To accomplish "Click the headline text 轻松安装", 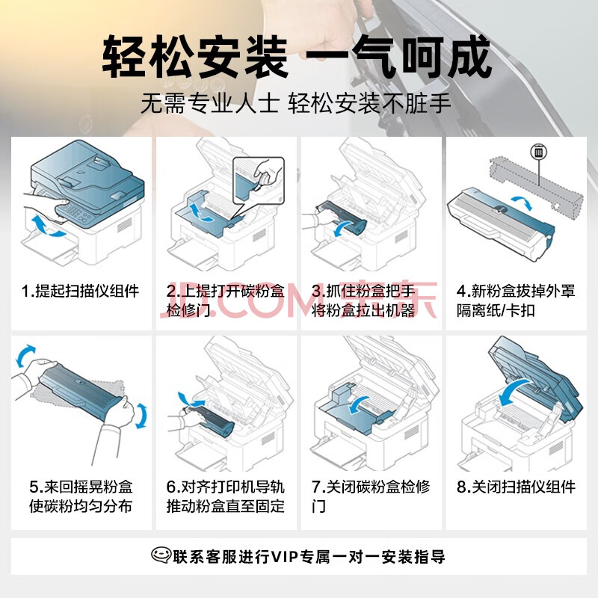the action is [195, 57].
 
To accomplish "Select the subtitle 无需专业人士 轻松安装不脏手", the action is [295, 103].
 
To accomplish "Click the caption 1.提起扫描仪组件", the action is [80, 291].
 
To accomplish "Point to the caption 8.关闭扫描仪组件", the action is [516, 487].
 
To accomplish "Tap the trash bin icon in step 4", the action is [538, 152].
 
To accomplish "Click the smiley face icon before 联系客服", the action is [161, 555].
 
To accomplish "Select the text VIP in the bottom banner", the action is [284, 557].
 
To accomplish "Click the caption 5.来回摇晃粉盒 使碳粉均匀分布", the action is [81, 496].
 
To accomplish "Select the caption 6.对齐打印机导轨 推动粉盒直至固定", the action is [226, 496].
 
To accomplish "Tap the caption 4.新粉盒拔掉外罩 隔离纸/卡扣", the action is [516, 301].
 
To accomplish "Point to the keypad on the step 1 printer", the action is [76, 213].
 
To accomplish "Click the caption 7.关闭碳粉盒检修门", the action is [371, 496].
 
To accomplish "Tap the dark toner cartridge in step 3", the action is [342, 218].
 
